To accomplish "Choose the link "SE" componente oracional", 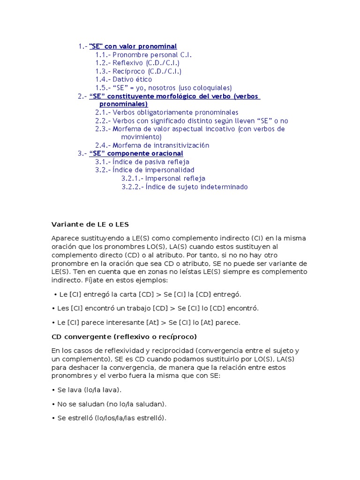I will coord(136,153).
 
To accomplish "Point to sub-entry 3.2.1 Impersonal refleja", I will coord(163,178).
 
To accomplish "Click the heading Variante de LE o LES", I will coord(90,225).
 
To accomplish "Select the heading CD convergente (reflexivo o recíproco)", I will coord(124,337).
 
